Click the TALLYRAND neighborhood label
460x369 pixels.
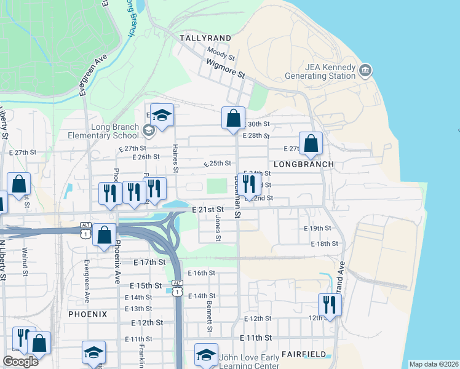[205, 38]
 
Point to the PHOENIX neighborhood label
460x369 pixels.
[88, 314]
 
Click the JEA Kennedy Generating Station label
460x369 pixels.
[320, 71]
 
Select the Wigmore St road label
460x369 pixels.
[226, 67]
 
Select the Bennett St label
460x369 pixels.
[209, 321]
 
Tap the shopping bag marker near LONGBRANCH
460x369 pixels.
[311, 143]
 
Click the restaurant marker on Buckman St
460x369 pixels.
[248, 183]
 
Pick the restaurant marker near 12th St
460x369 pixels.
[330, 304]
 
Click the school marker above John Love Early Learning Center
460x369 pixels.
[206, 354]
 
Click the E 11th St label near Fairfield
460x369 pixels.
[256, 338]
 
